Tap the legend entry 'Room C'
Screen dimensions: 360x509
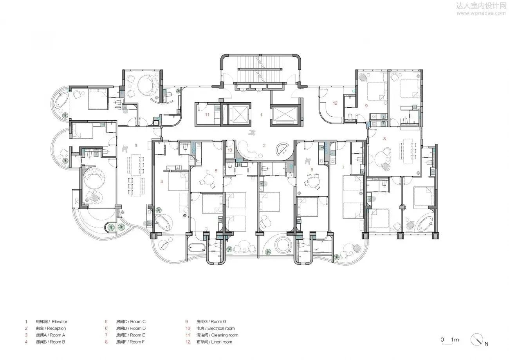[131, 322]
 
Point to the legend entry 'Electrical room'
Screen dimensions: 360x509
[215, 328]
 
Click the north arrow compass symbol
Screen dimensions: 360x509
[477, 339]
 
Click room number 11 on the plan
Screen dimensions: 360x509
[208, 115]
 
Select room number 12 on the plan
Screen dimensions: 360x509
[335, 103]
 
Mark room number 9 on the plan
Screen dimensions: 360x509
[366, 105]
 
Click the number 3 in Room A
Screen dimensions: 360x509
[136, 146]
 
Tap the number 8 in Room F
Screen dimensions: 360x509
[384, 138]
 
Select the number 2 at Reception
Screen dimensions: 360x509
[264, 146]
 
